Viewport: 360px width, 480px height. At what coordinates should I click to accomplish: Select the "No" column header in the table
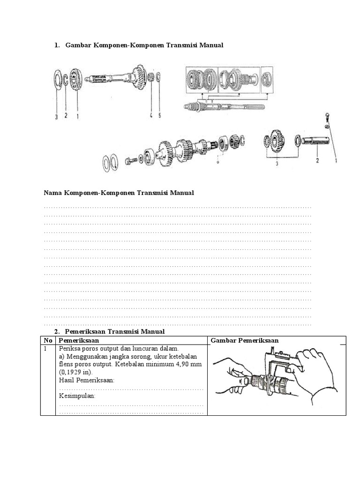tap(47, 340)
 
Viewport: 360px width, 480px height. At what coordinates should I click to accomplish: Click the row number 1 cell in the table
tap(46, 349)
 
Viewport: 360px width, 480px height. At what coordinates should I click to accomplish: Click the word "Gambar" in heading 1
tap(78, 45)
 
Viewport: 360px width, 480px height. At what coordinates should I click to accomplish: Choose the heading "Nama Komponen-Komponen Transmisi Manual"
tap(119, 193)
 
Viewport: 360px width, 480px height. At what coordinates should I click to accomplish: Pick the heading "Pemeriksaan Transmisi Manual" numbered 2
tap(115, 331)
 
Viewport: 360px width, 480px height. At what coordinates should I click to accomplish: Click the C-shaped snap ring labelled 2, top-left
tap(67, 80)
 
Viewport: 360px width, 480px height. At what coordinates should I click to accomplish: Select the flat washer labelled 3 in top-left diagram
tap(56, 80)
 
